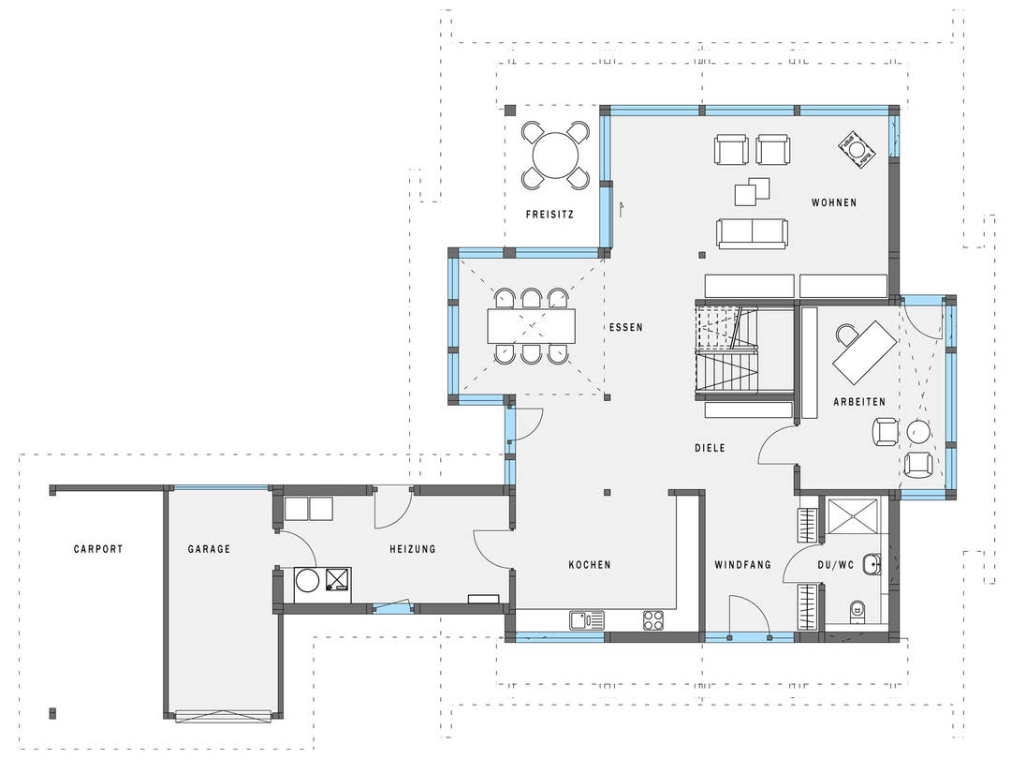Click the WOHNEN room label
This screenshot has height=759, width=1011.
pos(834,202)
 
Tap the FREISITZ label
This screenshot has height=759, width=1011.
pos(549,215)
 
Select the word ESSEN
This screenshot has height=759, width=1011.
pos(626,327)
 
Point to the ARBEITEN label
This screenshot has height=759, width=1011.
pos(859,401)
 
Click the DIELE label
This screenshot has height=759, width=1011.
pos(710,447)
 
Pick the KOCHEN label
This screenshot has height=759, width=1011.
pos(590,565)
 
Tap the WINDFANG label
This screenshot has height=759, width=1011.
pos(742,565)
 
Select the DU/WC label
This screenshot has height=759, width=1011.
pos(836,565)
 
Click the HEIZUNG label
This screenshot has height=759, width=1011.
pos(413,549)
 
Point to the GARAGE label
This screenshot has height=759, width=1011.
pos(209,549)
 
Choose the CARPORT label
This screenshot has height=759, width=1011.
pos(98,549)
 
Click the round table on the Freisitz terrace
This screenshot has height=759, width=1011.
pos(555,155)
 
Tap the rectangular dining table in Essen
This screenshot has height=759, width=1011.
pos(532,326)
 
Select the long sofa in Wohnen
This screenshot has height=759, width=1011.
pos(752,233)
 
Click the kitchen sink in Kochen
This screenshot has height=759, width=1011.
pos(587,620)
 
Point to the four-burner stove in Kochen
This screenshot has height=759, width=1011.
pos(653,620)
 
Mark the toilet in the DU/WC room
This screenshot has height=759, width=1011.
pos(857,608)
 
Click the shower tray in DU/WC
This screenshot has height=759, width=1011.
pos(853,515)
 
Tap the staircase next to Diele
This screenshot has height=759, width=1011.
pos(726,350)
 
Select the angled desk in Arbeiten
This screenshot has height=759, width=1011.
pos(865,352)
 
